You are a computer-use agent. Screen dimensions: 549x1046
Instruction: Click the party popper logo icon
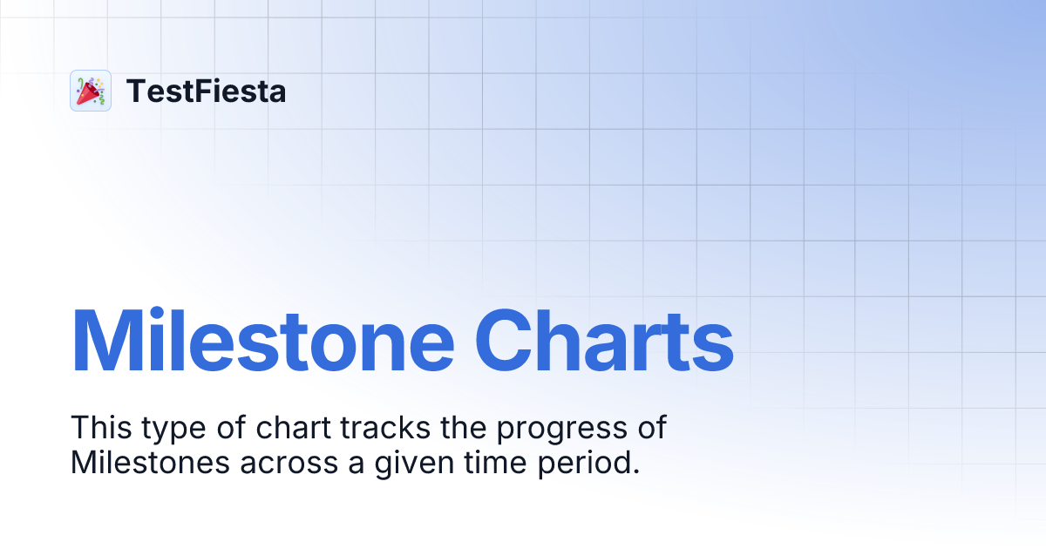(90, 91)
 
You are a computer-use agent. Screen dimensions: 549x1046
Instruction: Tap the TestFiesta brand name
(206, 91)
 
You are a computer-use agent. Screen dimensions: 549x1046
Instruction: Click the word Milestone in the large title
(262, 340)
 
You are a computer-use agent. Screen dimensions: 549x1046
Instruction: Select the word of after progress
(650, 429)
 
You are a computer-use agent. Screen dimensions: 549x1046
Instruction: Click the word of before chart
(229, 429)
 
